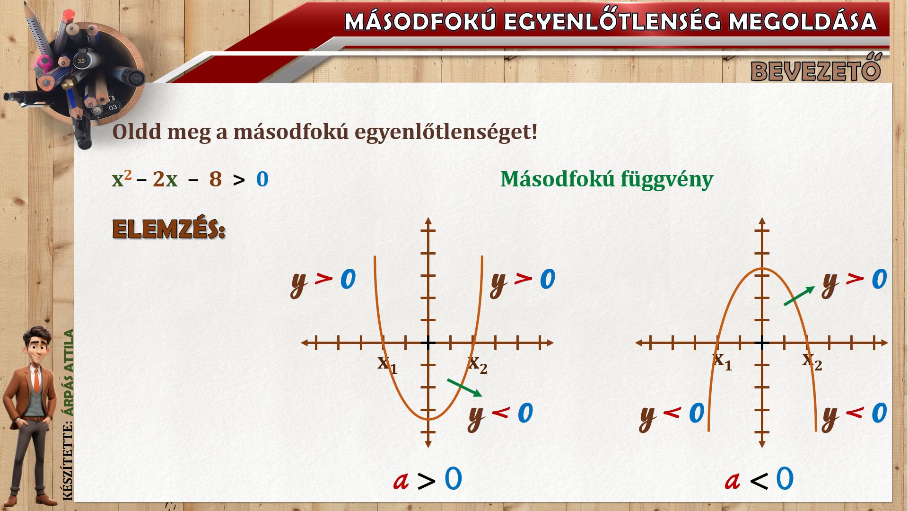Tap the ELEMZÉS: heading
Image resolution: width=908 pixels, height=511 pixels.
[x=169, y=229]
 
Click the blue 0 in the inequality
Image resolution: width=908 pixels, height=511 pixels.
[x=262, y=179]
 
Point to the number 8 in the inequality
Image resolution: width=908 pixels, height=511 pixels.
[x=216, y=179]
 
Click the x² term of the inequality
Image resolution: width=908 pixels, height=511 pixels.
[x=122, y=178]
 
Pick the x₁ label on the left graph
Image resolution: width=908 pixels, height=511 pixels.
[x=387, y=364]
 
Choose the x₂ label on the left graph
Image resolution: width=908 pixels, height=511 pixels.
[x=477, y=364]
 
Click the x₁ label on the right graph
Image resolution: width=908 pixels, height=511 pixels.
[x=722, y=361]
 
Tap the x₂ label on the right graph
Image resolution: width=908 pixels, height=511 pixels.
[x=812, y=361]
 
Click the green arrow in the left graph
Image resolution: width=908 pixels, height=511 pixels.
[x=464, y=388]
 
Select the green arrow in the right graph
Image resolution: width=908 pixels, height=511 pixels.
[x=799, y=296]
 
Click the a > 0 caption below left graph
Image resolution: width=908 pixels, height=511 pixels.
[x=428, y=479]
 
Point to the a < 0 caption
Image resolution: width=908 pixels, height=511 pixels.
[x=759, y=479]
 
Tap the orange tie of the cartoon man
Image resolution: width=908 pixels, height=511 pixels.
[x=36, y=380]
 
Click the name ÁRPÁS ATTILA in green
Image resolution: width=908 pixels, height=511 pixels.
[x=69, y=372]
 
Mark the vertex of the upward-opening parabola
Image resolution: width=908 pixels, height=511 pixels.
[x=428, y=419]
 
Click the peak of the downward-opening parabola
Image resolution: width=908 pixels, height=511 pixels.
[x=762, y=269]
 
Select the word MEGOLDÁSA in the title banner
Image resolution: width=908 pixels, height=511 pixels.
[x=803, y=22]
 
